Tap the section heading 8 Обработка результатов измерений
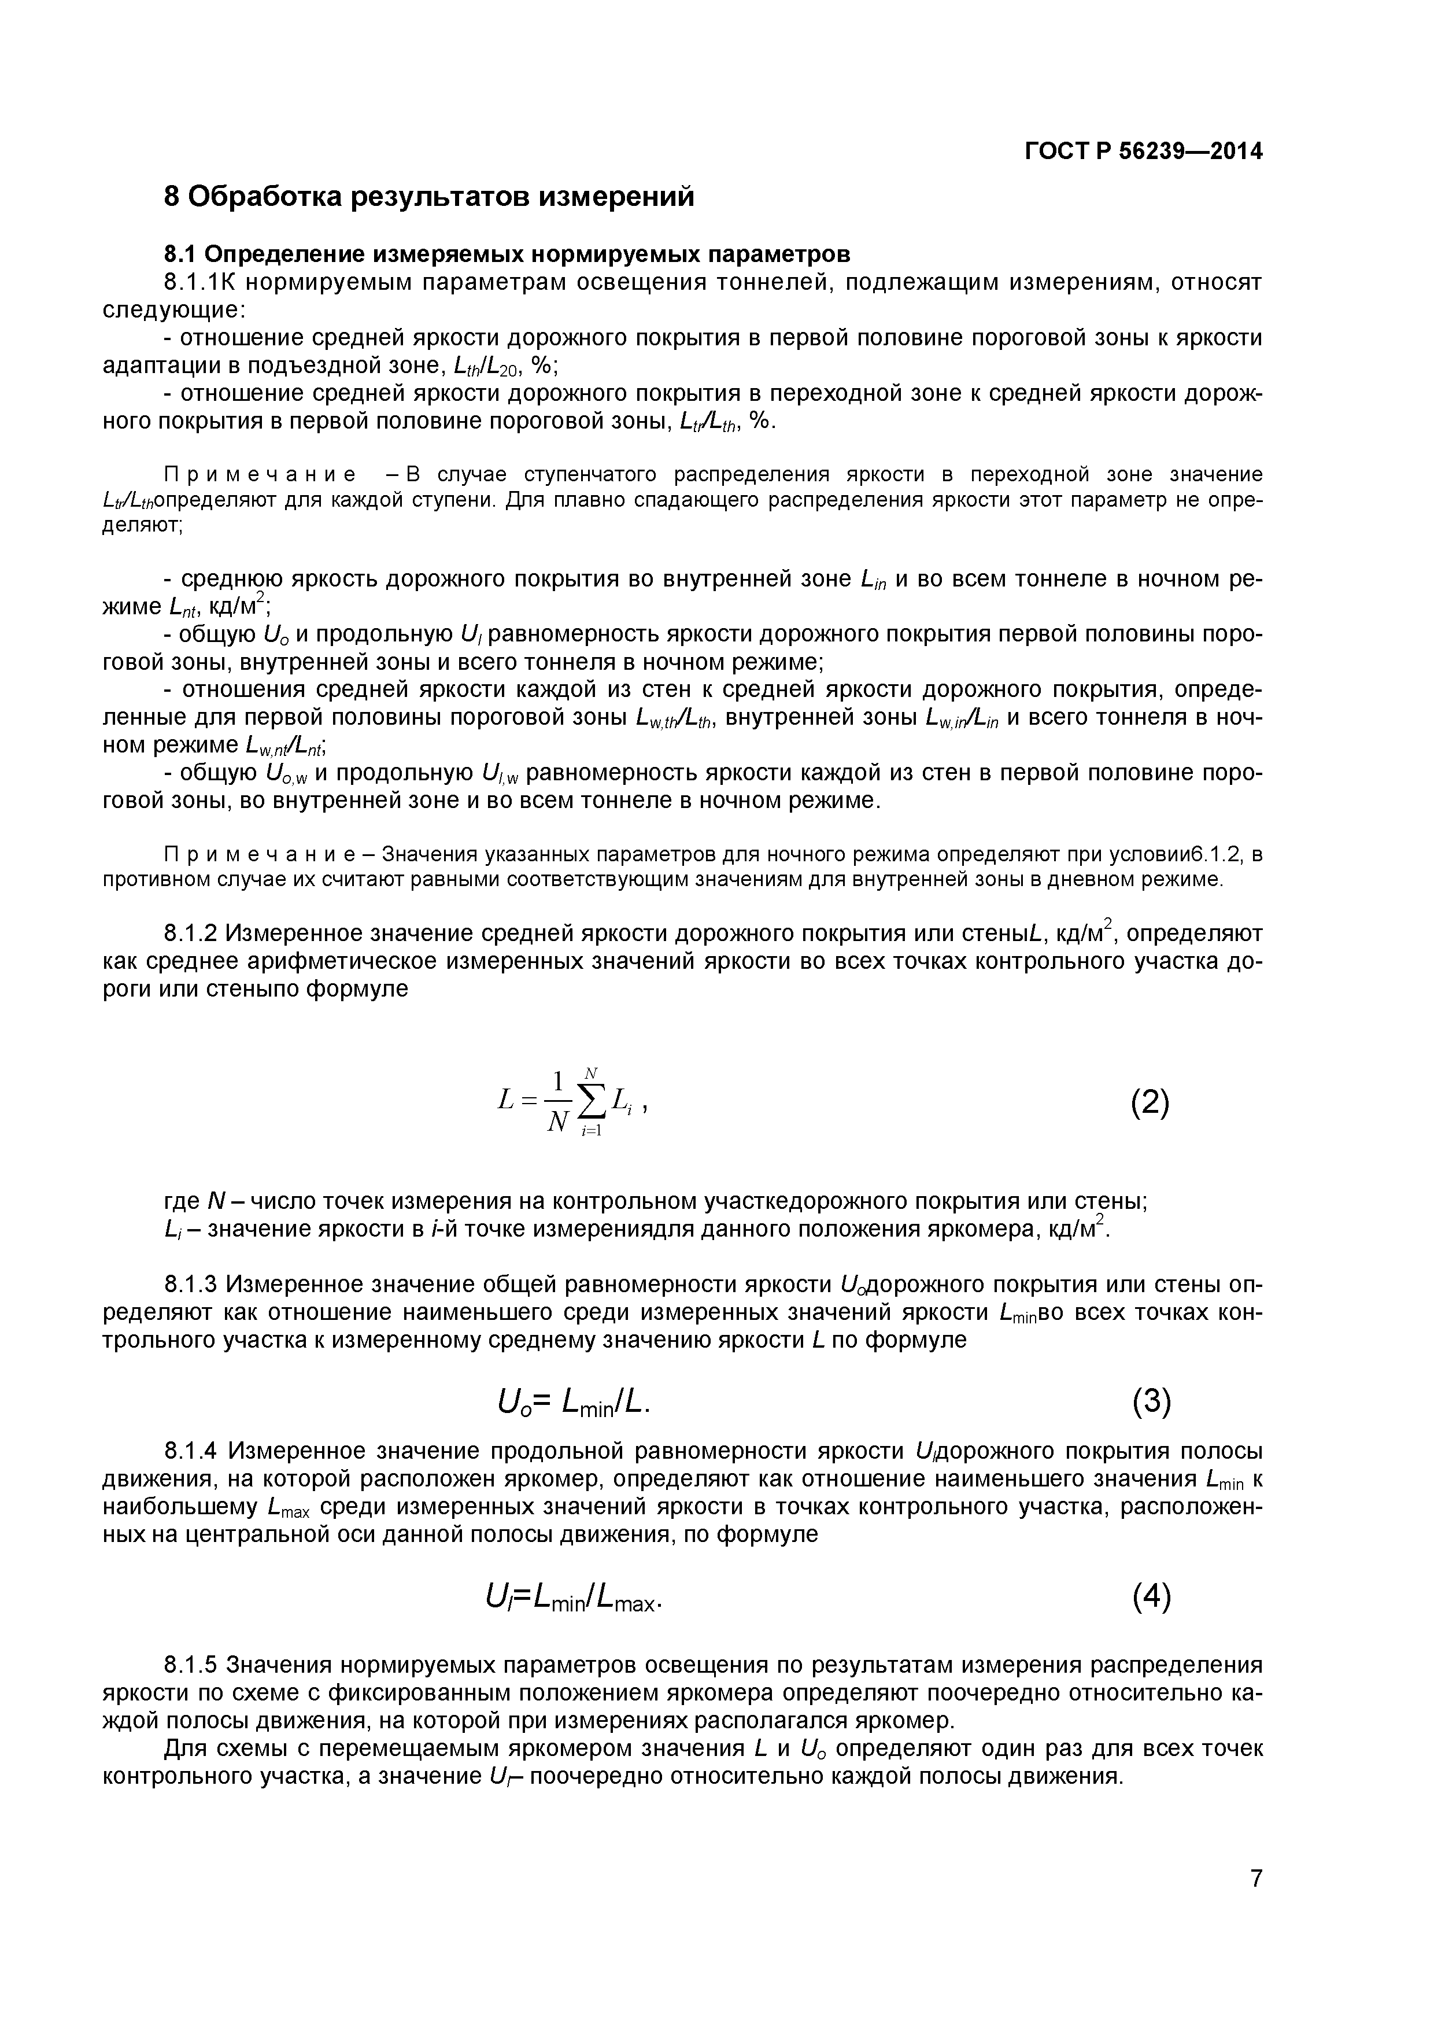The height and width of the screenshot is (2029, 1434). pos(430,196)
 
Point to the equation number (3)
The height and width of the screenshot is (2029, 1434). pos(1151,1403)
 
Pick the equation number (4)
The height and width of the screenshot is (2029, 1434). pos(1151,1596)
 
